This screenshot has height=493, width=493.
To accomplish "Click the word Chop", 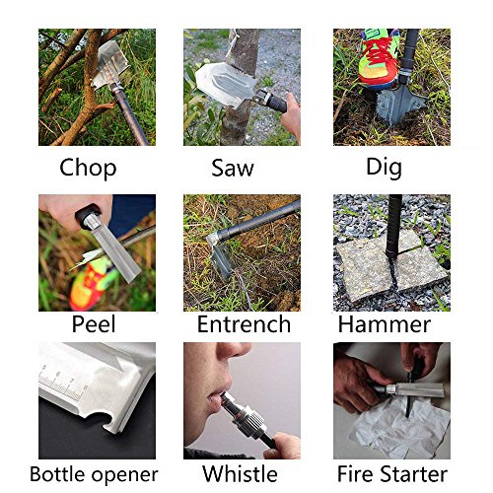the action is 88,168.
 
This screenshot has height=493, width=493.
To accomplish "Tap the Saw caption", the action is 233,168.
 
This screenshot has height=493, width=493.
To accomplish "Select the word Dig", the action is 384,168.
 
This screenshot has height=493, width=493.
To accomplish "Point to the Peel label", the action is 94,324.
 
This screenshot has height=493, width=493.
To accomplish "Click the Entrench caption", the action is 244,324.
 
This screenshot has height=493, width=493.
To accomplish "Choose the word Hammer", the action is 385,324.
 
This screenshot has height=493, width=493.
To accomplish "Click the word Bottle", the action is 58,474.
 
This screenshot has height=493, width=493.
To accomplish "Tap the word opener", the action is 124,476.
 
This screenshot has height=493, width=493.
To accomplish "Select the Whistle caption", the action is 240,474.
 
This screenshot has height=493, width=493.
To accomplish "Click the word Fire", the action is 357,474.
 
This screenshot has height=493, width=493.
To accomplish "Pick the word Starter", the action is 415,474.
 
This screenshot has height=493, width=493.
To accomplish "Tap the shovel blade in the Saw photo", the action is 224,84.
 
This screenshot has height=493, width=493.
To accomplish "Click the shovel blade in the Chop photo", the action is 110,64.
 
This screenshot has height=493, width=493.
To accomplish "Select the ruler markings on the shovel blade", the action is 62,382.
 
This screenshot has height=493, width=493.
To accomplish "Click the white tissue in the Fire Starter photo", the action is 399,426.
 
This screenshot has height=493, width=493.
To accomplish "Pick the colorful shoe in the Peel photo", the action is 91,284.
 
